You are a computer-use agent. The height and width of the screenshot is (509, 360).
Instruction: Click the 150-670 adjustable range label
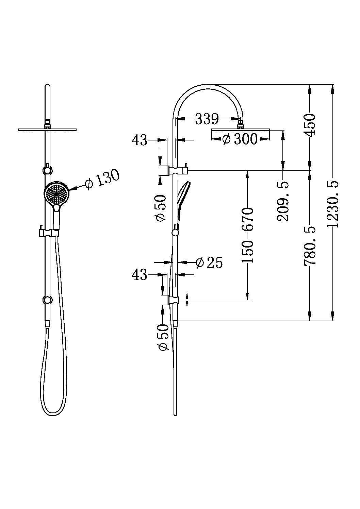coord(248,235)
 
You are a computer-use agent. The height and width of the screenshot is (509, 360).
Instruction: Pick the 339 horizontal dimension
coord(207,119)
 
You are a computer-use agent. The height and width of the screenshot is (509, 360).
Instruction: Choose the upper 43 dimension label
coord(140,139)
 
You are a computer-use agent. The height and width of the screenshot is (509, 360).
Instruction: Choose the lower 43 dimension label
coord(140,274)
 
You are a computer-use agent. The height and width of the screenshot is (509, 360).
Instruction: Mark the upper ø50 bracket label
coord(161,208)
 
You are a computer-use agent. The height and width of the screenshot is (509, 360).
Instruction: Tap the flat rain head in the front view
coord(48,129)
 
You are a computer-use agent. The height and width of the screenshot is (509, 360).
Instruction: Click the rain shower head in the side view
coord(240,130)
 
